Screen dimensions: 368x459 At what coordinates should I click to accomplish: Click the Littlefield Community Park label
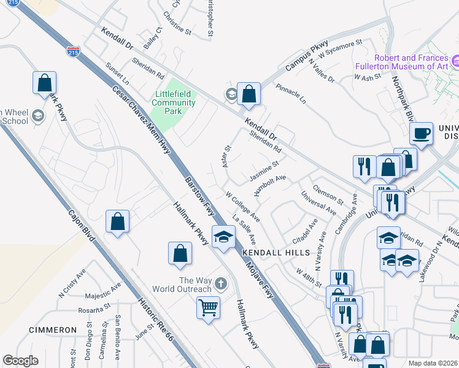(174, 98)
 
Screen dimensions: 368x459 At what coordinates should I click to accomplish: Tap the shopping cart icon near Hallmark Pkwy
(209, 307)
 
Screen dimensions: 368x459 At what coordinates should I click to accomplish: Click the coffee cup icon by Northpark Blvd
(421, 134)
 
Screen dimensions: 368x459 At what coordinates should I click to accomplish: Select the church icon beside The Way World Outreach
(220, 285)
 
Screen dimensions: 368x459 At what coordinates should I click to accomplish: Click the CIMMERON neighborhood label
(53, 330)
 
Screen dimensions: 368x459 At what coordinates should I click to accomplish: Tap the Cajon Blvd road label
(80, 228)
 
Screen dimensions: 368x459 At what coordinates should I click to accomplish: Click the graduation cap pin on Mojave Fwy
(223, 237)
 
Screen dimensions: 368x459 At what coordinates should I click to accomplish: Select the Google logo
(20, 361)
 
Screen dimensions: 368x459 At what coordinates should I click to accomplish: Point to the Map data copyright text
(434, 362)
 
